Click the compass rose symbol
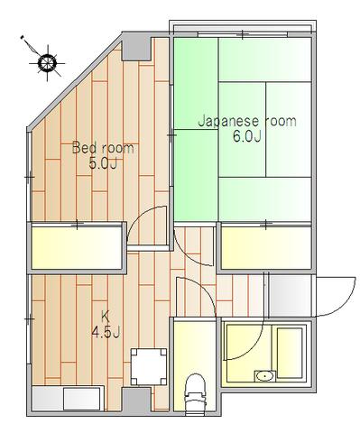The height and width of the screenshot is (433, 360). click(x=47, y=63)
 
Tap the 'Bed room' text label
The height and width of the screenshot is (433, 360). click(x=103, y=148)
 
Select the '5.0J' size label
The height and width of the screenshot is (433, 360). click(x=103, y=164)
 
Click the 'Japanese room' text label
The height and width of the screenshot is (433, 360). click(x=247, y=121)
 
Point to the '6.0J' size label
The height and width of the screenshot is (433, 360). click(x=246, y=137)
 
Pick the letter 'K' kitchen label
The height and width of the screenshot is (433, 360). click(x=106, y=317)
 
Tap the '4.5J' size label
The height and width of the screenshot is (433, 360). click(x=106, y=333)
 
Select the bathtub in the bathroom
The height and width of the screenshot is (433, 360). click(x=290, y=353)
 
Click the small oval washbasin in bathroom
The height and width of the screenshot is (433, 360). click(x=265, y=376)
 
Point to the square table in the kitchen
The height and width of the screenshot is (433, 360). click(x=149, y=366)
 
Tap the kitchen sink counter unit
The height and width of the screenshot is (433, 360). click(x=66, y=399)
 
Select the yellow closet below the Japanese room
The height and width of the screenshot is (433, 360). click(x=266, y=247)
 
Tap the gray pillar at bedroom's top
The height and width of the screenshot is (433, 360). click(x=136, y=47)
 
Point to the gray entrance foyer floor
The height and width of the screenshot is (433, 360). click(x=290, y=295)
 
